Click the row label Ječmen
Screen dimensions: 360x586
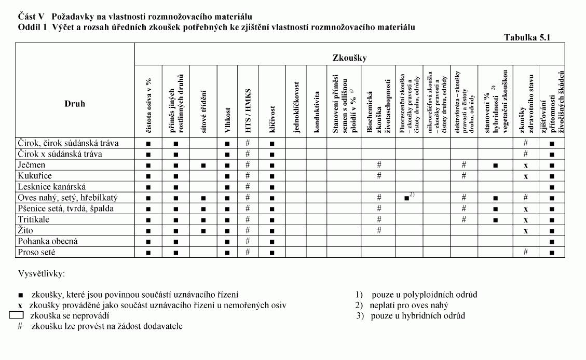(32, 165)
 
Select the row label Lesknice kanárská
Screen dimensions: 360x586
(52, 187)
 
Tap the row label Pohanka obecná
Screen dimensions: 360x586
(48, 241)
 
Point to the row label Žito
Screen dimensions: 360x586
(26, 230)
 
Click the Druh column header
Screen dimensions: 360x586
(75, 104)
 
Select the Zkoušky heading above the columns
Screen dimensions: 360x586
(349, 58)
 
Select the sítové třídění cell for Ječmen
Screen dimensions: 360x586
(203, 165)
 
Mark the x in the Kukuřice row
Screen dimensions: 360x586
(525, 176)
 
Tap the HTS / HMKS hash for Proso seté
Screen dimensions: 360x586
(248, 252)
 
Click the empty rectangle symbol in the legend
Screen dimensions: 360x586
(17, 315)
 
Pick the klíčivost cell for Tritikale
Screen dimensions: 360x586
(272, 219)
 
